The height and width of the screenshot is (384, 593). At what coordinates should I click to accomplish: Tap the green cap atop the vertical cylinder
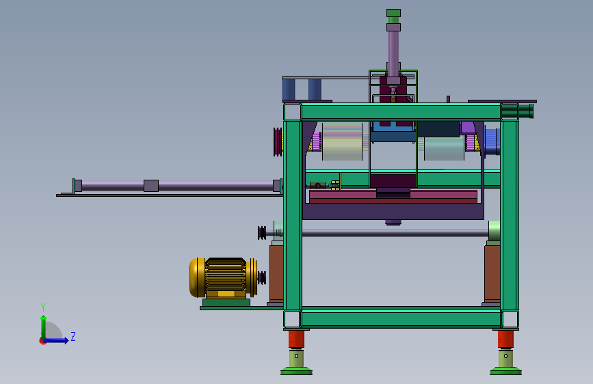(x=393, y=13)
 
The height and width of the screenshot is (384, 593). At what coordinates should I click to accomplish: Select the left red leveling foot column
(x=296, y=339)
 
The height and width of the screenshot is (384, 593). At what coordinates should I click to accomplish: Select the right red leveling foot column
(x=505, y=339)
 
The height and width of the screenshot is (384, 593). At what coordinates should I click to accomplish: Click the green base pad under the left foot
(x=296, y=371)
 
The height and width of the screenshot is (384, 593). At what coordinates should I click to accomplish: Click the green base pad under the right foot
(x=505, y=371)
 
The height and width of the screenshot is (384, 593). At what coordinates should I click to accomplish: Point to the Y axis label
(x=43, y=307)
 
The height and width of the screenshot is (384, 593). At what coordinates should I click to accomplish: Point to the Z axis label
(x=73, y=336)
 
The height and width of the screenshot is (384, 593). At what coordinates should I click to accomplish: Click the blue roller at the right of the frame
(x=492, y=141)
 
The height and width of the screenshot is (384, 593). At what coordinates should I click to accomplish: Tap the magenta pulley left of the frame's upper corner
(x=278, y=141)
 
